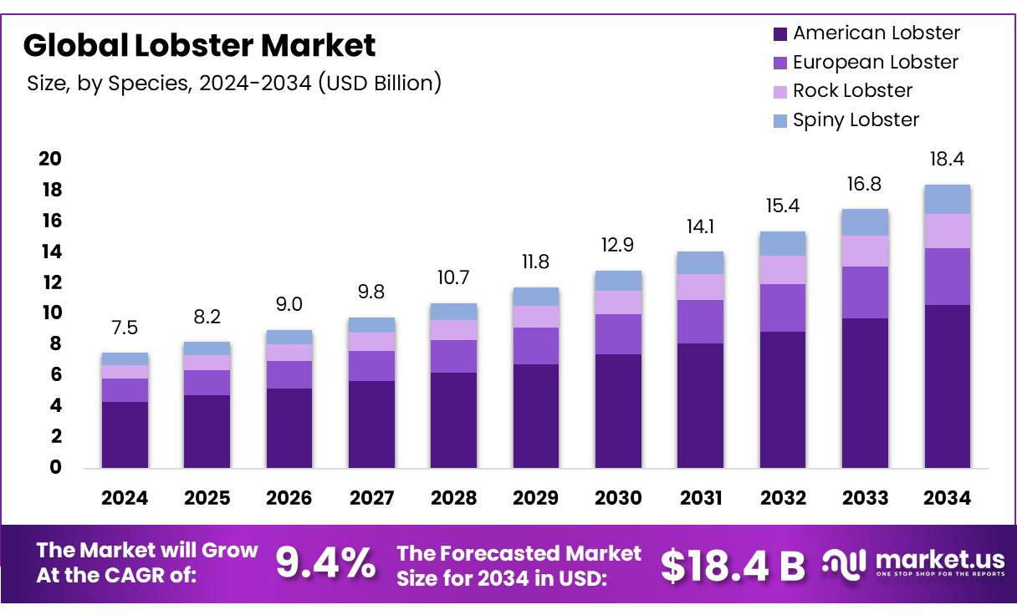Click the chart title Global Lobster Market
[x=200, y=45]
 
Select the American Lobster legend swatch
[x=780, y=34]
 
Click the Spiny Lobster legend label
[x=856, y=120]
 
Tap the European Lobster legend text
[x=876, y=63]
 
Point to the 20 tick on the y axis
[x=50, y=159]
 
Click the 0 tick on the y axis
[x=55, y=468]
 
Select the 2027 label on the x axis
[x=371, y=498]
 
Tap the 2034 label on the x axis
[x=948, y=498]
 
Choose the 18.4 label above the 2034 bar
[x=948, y=160]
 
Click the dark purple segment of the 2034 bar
[x=948, y=386]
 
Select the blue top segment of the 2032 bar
[x=783, y=243]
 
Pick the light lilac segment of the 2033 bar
[x=865, y=251]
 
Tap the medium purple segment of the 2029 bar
[x=536, y=346]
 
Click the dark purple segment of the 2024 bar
[x=125, y=435]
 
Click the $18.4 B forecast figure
[x=733, y=566]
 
